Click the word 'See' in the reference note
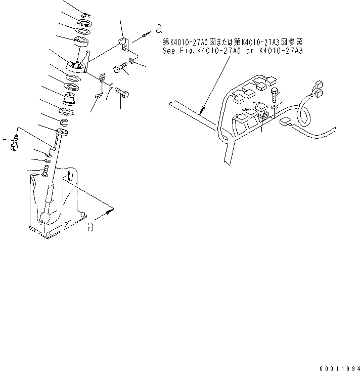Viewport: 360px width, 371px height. click(168, 51)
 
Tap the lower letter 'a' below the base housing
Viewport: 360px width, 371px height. click(91, 227)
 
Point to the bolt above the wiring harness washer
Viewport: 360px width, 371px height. click(274, 95)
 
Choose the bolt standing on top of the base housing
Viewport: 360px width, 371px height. click(45, 171)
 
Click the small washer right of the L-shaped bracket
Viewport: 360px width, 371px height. click(131, 61)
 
